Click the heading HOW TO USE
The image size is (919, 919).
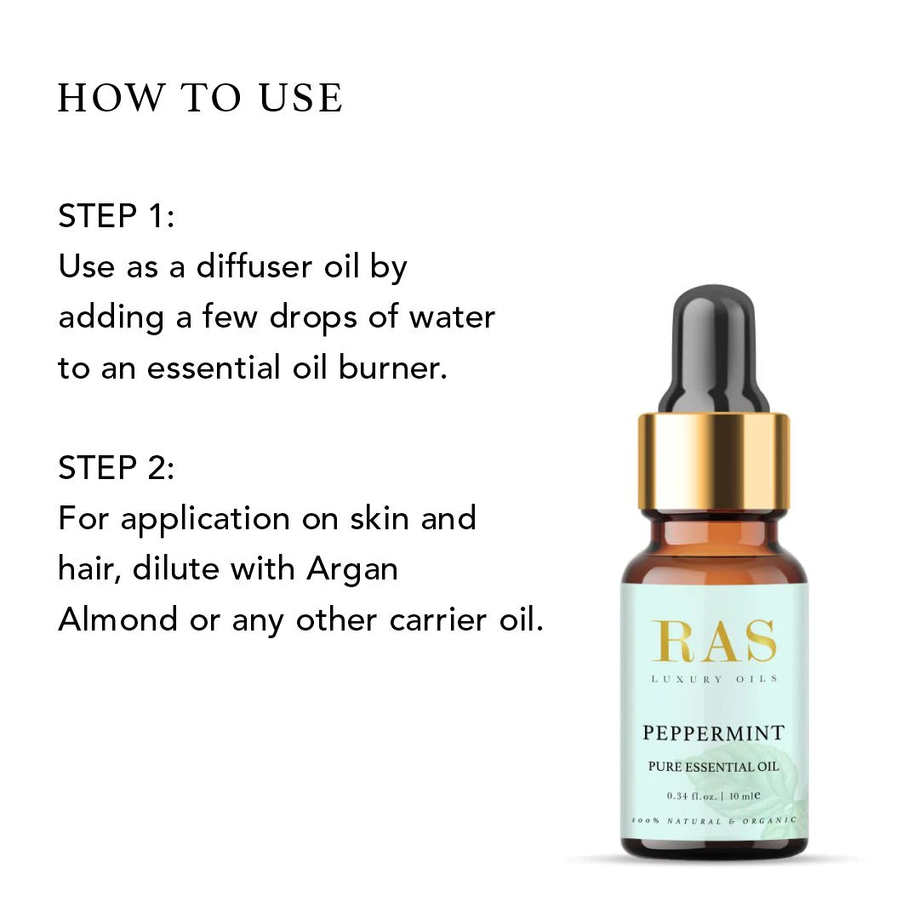(x=200, y=97)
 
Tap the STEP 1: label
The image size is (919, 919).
(x=116, y=215)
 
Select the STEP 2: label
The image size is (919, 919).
(x=116, y=468)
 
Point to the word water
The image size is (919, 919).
(x=452, y=317)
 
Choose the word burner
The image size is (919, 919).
(x=392, y=368)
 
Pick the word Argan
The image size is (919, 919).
(x=352, y=570)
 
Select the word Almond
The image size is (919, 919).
(x=117, y=620)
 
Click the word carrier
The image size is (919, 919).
(x=438, y=620)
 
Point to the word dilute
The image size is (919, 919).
(x=175, y=568)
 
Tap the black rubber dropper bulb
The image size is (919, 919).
(x=713, y=350)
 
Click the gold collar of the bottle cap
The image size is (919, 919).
(x=713, y=461)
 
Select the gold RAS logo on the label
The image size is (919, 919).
(x=714, y=641)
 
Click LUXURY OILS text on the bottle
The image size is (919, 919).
(x=714, y=679)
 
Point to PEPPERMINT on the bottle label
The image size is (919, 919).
(x=713, y=733)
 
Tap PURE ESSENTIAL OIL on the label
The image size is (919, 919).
(x=713, y=767)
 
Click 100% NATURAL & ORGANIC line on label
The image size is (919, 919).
(x=713, y=820)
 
